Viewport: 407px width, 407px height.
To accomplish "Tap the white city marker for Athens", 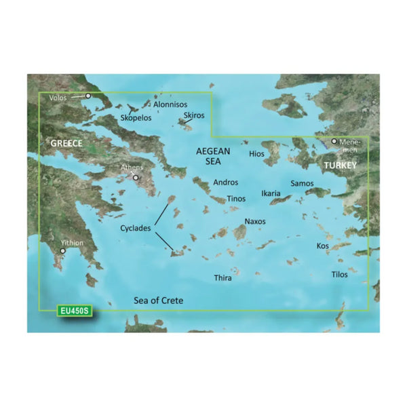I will point(136,178).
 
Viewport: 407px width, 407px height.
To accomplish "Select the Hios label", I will point(256,155).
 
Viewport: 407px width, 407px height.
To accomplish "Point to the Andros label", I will point(226,183).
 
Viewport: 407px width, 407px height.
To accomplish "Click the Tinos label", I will point(236,199).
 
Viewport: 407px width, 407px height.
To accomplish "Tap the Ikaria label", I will point(271,194).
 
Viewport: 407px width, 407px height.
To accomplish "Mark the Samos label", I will point(302,184).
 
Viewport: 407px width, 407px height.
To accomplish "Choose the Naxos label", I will point(255,222).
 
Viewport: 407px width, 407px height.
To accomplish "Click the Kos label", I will point(322,246).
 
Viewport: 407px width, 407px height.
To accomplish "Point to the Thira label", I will point(223,278).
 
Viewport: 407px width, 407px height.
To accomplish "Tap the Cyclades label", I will point(134,229).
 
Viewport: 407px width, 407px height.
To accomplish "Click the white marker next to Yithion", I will point(63,251).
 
